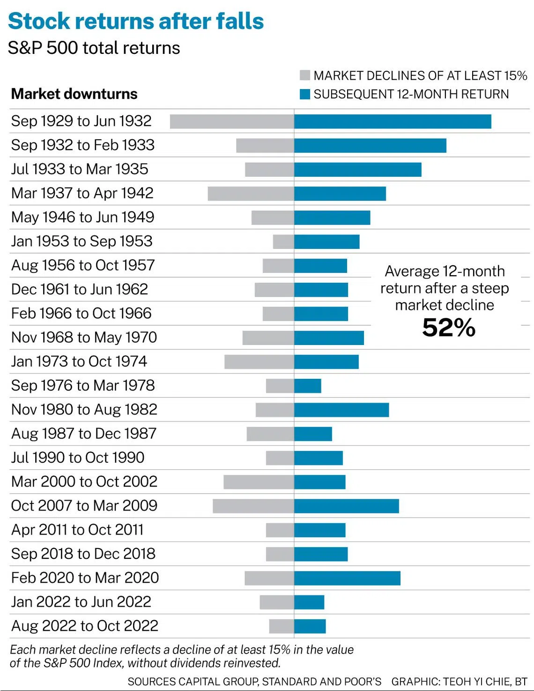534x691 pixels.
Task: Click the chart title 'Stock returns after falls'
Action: point(136,21)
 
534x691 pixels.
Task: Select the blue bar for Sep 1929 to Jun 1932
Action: point(393,121)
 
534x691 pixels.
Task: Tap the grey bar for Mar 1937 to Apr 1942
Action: point(251,194)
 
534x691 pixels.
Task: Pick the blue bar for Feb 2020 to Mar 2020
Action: point(347,578)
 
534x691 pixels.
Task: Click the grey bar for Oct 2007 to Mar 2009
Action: point(253,506)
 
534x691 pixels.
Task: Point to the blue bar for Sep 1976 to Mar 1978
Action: point(308,386)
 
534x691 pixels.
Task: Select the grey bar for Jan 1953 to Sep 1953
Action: point(283,242)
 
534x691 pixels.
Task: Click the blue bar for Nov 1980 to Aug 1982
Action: point(341,410)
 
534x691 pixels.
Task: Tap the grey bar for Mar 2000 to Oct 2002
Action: point(259,482)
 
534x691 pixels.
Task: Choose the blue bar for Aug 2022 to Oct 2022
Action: point(310,626)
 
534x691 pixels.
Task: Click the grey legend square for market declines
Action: point(305,75)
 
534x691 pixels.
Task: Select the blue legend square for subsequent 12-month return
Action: point(305,94)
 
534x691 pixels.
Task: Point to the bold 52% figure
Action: point(449,328)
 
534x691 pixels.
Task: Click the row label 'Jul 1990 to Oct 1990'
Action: point(78,458)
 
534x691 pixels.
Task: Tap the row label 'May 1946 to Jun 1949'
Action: point(82,218)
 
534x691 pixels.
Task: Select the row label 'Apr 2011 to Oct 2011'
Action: point(77,530)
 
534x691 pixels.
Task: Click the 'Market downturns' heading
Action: point(74,94)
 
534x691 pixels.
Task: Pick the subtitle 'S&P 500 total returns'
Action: point(94,48)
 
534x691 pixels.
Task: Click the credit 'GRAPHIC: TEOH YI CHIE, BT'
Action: point(459,681)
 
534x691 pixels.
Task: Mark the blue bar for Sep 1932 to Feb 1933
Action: point(370,145)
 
